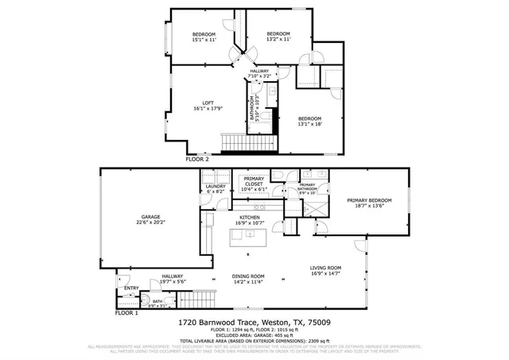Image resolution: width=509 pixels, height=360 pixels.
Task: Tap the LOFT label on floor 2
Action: (x=208, y=103)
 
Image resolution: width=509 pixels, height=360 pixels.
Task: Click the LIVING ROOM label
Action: (x=325, y=268)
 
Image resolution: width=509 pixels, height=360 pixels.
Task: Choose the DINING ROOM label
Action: (x=248, y=276)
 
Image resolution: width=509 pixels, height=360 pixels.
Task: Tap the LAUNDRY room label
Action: (x=216, y=187)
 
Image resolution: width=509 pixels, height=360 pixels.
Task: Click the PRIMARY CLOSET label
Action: (x=254, y=181)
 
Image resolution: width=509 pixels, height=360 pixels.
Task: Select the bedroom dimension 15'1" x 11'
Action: (x=204, y=39)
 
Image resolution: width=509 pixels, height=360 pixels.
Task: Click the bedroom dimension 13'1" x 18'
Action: (x=309, y=123)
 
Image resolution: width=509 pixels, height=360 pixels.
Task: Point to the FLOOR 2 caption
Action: (x=197, y=159)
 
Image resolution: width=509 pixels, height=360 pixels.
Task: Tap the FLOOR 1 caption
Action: (x=126, y=313)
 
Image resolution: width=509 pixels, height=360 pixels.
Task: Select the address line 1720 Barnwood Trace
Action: (x=254, y=323)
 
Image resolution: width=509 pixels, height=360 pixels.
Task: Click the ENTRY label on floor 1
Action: (x=132, y=288)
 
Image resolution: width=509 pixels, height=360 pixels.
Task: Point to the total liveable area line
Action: (x=254, y=340)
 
